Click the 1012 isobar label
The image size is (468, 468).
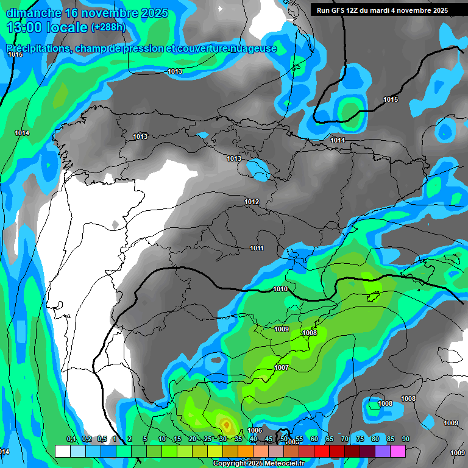pyautogui.click(x=252, y=202)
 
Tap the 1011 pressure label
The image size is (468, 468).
pyautogui.click(x=257, y=248)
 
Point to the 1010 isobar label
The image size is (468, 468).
pyautogui.click(x=280, y=289)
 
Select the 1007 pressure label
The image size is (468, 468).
pyautogui.click(x=282, y=367)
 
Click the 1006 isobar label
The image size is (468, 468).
pyautogui.click(x=255, y=431)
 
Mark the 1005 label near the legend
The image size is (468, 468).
pyautogui.click(x=293, y=442)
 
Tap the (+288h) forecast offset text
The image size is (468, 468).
pyautogui.click(x=108, y=27)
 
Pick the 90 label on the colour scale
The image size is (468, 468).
pyautogui.click(x=406, y=439)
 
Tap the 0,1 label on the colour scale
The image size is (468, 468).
pyautogui.click(x=71, y=439)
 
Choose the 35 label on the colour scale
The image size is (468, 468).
pyautogui.click(x=238, y=439)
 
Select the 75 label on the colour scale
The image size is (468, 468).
pyautogui.click(x=360, y=439)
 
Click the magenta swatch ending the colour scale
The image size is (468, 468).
pyautogui.click(x=398, y=451)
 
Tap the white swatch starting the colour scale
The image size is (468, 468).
pyautogui.click(x=62, y=451)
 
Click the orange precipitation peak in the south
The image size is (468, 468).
pyautogui.click(x=225, y=424)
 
